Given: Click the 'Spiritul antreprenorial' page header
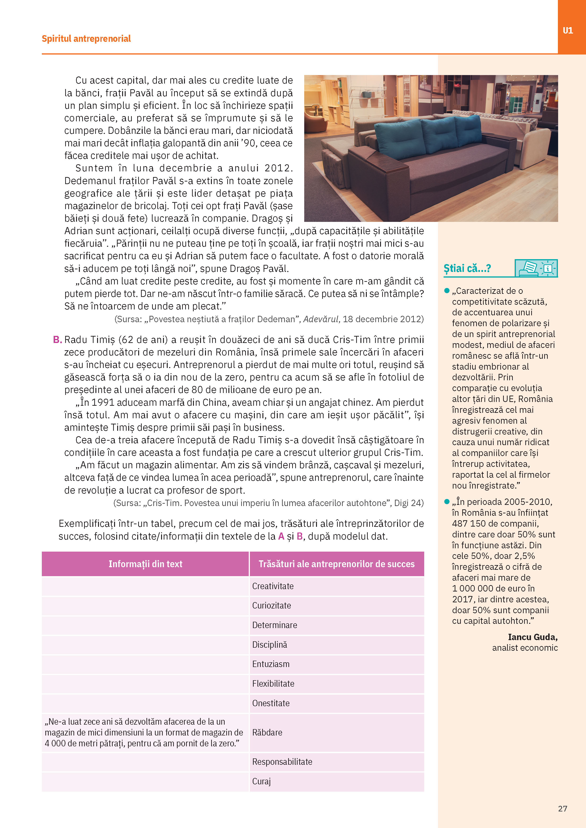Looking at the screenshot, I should point(86,38).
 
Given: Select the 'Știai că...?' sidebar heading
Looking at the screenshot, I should point(467,269).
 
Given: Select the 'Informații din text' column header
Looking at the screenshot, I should point(145,564).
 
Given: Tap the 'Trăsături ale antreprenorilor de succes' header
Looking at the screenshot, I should point(336,564).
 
